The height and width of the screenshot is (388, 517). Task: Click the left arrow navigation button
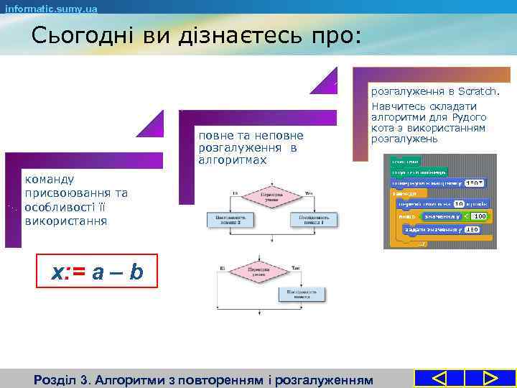pyautogui.click(x=440, y=379)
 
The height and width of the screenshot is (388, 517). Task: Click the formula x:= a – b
pyautogui.click(x=97, y=272)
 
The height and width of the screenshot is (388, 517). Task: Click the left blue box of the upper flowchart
pyautogui.click(x=229, y=218)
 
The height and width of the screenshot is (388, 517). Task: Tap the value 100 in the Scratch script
pyautogui.click(x=479, y=216)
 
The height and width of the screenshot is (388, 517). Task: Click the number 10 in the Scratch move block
pyautogui.click(x=459, y=204)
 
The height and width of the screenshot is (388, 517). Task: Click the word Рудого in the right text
pyautogui.click(x=470, y=117)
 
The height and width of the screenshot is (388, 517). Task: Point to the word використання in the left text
pyautogui.click(x=65, y=220)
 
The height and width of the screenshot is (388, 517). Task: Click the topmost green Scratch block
pyautogui.click(x=403, y=160)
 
